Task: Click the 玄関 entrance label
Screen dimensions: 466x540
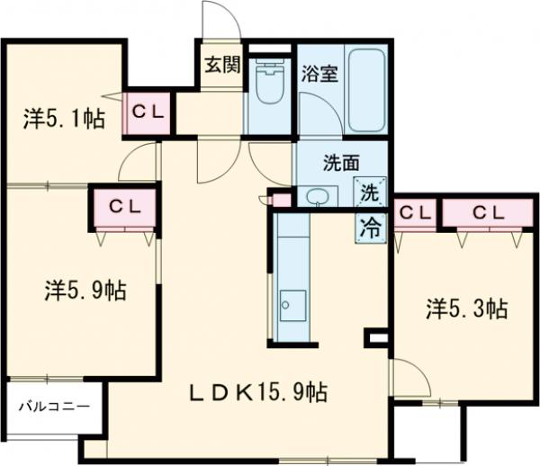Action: [220, 66]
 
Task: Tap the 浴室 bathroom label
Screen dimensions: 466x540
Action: [319, 75]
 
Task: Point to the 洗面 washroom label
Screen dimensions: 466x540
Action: [343, 164]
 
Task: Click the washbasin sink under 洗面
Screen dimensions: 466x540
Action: [317, 195]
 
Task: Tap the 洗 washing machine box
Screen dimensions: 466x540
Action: [370, 192]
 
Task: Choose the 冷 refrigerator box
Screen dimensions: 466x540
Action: [370, 226]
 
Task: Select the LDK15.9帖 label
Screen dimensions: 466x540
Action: [256, 392]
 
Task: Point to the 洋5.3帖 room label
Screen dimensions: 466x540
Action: [465, 309]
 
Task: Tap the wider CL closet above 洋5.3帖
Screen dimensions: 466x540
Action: [487, 212]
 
